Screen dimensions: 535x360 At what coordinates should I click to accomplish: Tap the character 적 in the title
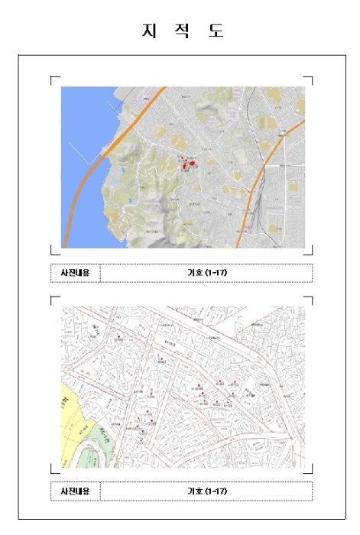[180, 32]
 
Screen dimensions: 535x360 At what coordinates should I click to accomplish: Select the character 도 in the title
[215, 32]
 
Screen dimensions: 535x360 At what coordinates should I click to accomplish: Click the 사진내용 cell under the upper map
[75, 273]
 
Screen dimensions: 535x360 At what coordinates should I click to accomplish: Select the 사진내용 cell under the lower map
[75, 491]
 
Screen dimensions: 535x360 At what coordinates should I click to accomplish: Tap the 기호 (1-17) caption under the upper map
[206, 273]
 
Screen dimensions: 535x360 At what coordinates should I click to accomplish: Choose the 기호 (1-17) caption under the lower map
[206, 491]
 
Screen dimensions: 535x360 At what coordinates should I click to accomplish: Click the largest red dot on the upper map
[192, 163]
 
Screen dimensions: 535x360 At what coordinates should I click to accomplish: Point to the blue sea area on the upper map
[76, 130]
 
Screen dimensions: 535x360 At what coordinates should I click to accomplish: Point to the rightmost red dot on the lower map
[248, 394]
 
